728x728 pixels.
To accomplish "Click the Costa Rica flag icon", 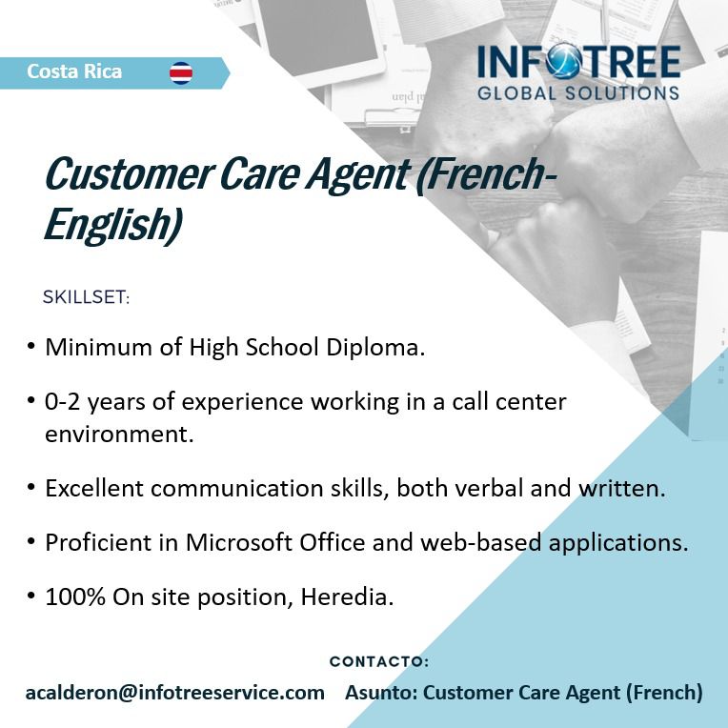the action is [x=181, y=72].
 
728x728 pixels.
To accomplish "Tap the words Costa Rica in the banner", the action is [x=74, y=71].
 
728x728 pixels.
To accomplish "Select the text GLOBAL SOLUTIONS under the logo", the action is [x=578, y=92].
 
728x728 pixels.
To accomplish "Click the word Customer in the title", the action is [x=129, y=174].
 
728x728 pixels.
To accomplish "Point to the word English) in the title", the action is [x=112, y=225].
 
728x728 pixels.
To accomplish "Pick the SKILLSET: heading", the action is [x=87, y=297].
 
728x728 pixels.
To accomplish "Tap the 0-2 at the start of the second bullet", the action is [x=63, y=401].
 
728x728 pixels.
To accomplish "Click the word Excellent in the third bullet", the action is [x=94, y=489].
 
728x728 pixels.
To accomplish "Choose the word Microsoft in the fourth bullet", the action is [x=239, y=542].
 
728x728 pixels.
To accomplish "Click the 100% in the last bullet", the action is [x=75, y=597].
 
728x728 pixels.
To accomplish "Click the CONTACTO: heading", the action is [x=379, y=661].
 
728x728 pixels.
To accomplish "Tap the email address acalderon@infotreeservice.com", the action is [x=175, y=693].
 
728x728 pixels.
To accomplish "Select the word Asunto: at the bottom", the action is [x=381, y=693].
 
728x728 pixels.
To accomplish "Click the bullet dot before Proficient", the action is [x=31, y=540].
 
